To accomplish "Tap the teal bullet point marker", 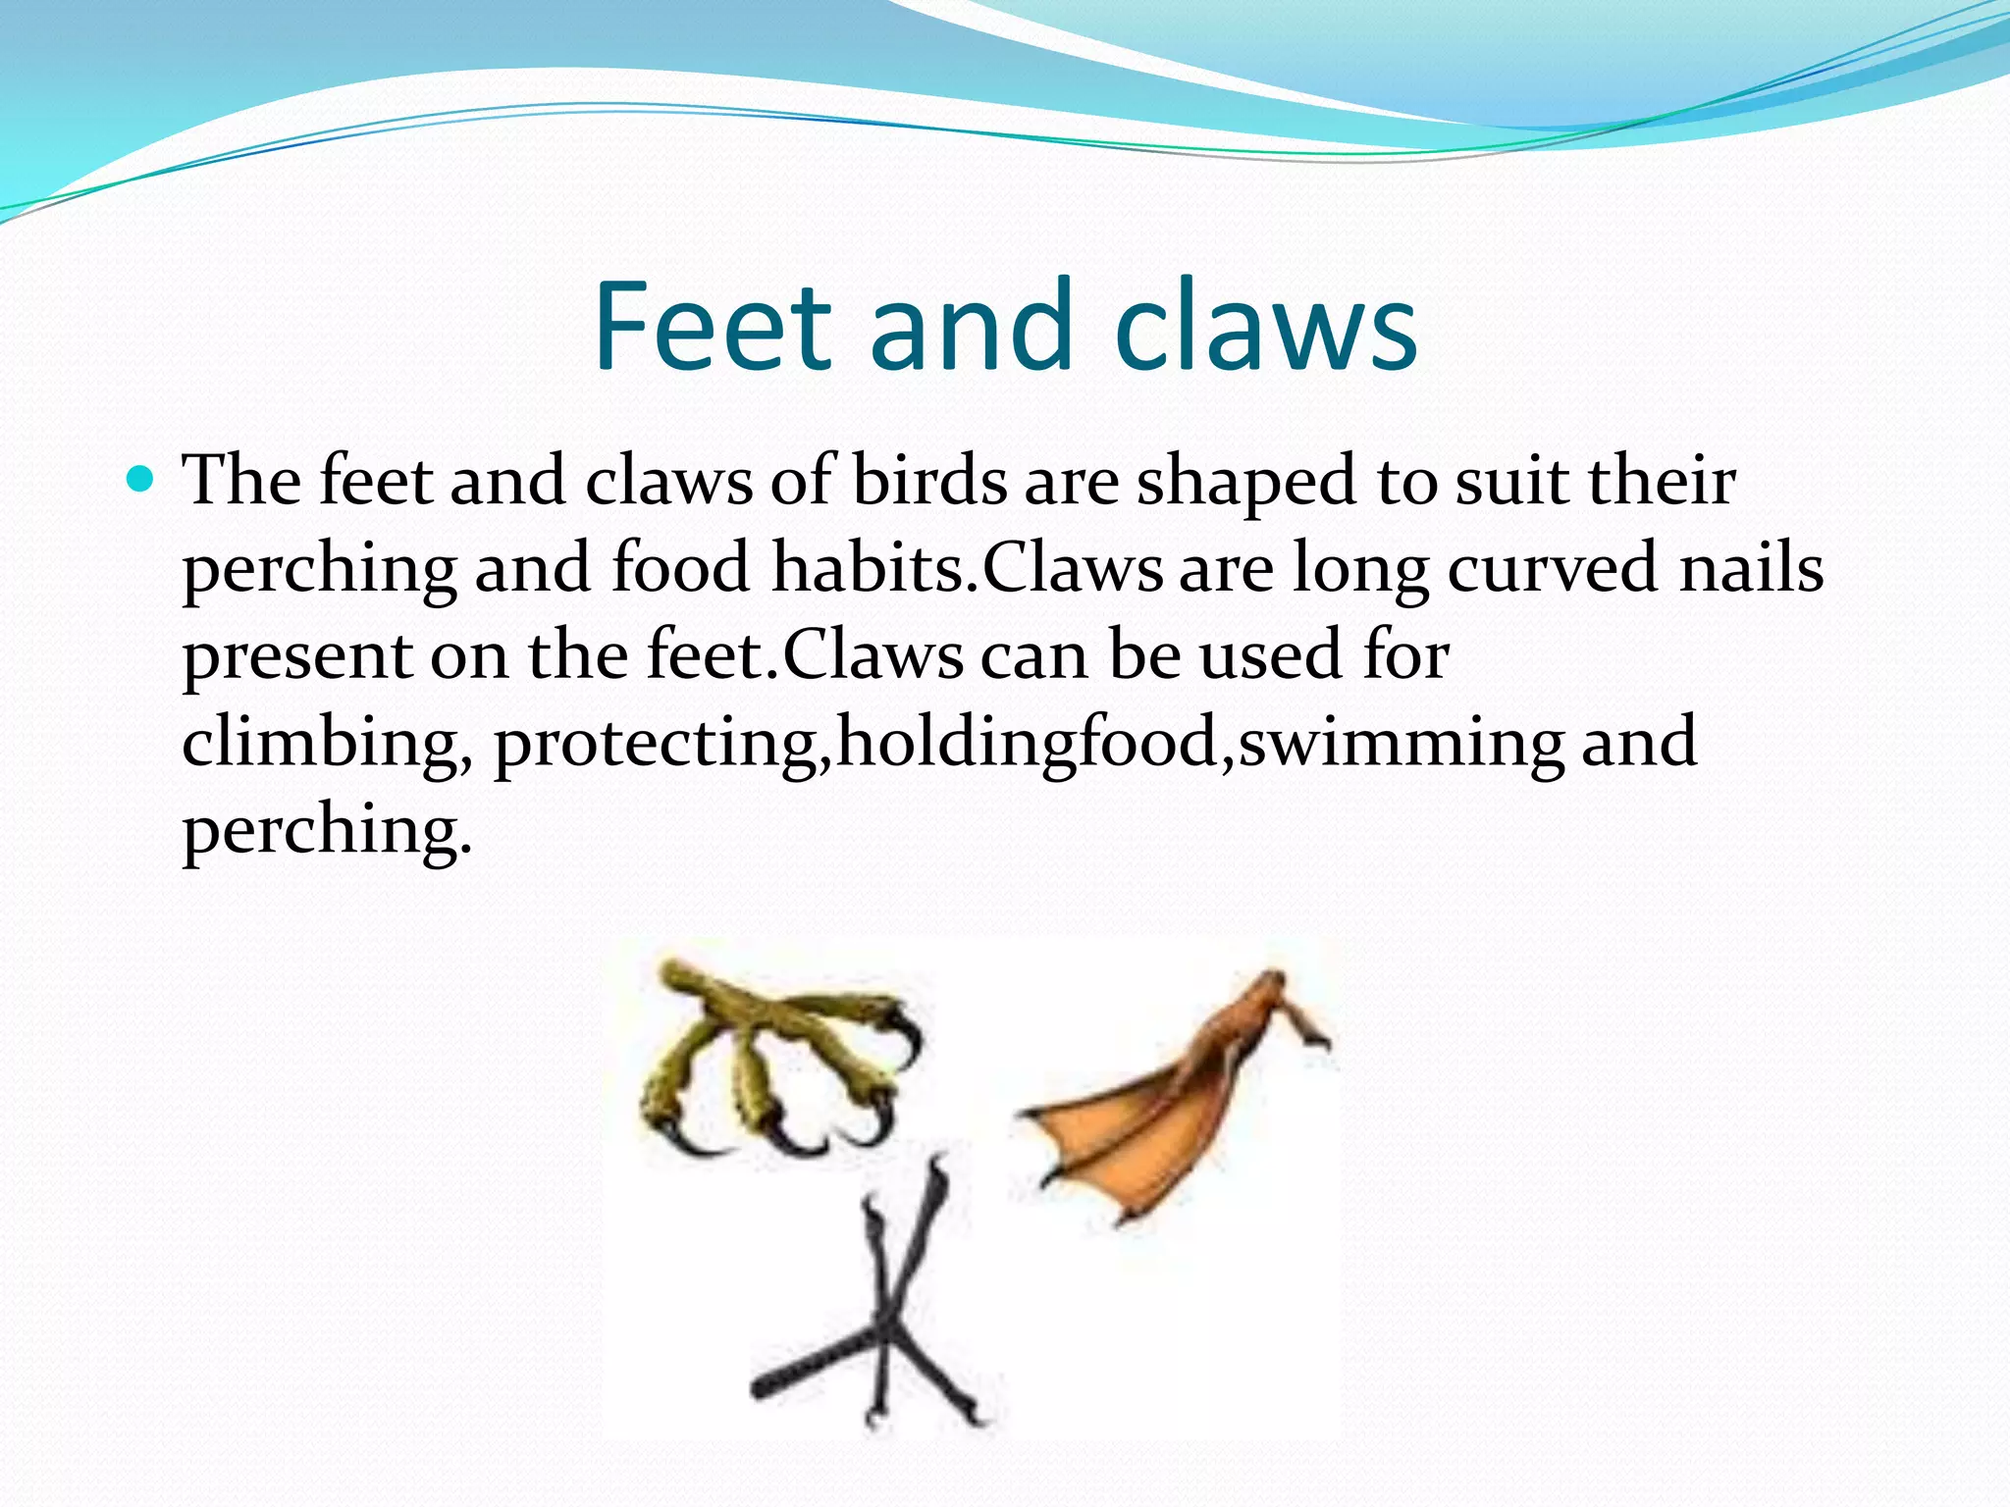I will pyautogui.click(x=141, y=480).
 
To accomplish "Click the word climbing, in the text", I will pyautogui.click(x=327, y=744).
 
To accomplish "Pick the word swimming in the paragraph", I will pyautogui.click(x=1401, y=744).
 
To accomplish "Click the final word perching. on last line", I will pyautogui.click(x=327, y=830).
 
